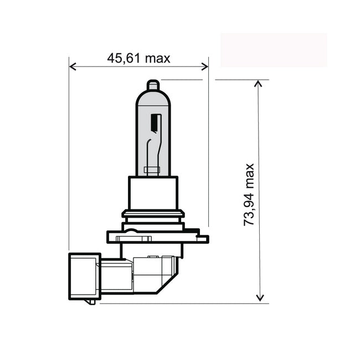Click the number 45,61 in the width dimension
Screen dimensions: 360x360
121,58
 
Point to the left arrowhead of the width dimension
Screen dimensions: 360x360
73,66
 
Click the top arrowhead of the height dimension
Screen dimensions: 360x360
259,83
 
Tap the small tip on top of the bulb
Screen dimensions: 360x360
153,86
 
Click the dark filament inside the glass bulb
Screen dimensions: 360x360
155,125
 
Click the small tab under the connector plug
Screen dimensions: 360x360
90,301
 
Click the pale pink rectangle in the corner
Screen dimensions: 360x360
274,50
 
